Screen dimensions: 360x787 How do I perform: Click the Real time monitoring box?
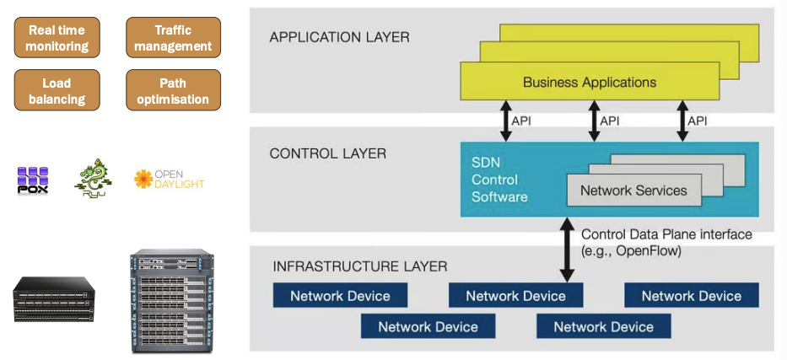57,38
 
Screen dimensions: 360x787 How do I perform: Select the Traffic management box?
173,38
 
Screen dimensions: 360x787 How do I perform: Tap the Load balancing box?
57,91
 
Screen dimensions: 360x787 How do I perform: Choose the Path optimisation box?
173,91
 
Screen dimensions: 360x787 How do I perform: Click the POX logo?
33,180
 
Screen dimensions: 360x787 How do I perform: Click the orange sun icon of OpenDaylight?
143,179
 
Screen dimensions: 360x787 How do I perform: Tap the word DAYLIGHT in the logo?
180,184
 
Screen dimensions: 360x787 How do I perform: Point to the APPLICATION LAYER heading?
339,37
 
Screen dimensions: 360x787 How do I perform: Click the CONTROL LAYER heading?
327,153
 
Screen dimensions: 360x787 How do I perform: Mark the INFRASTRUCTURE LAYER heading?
360,267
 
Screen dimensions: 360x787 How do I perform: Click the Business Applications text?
589,83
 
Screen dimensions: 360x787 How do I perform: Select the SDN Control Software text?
499,180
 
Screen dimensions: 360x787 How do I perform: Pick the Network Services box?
633,191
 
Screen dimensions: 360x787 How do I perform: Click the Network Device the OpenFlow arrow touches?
515,296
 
